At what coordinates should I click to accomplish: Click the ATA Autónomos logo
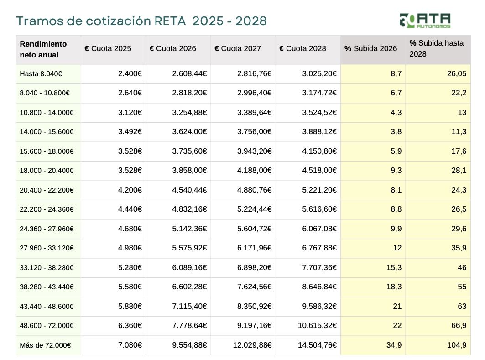[x=425, y=20]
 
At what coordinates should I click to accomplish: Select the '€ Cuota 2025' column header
[x=108, y=48]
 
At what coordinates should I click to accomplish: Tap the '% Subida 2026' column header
[x=371, y=48]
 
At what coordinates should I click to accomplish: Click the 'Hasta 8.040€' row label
[x=41, y=73]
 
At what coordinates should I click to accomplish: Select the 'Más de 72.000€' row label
[x=44, y=345]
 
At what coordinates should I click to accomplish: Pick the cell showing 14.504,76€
[x=317, y=345]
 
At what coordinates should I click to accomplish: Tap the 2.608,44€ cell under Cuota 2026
[x=189, y=73]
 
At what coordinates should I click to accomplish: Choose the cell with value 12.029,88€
[x=252, y=345]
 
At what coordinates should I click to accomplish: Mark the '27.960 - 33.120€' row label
[x=47, y=248]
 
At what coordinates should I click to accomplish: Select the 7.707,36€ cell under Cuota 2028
[x=319, y=268]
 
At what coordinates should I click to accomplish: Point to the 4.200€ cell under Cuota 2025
[x=130, y=190]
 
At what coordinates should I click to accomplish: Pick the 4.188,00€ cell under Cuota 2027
[x=254, y=171]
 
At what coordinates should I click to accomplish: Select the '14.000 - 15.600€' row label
[x=47, y=132]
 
